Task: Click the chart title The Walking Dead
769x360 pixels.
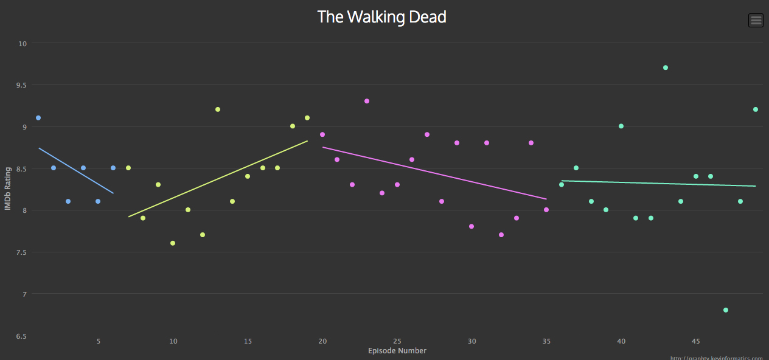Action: click(381, 17)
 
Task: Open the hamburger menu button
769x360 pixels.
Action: click(756, 20)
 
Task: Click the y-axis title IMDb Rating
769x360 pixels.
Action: click(8, 189)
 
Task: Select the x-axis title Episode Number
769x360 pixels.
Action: click(397, 351)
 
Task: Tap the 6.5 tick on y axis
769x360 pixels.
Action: click(22, 336)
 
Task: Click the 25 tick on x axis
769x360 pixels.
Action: click(397, 341)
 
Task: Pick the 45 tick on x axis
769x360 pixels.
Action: click(695, 341)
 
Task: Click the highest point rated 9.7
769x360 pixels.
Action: click(666, 67)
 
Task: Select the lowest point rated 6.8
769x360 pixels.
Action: click(725, 310)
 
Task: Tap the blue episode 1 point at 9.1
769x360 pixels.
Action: click(38, 118)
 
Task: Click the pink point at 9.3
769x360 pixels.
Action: click(367, 101)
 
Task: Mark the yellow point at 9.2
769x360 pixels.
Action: click(218, 109)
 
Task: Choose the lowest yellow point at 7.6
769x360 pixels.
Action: click(173, 243)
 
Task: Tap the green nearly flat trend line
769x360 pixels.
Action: click(658, 183)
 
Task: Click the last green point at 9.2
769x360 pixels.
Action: click(755, 109)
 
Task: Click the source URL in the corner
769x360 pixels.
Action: click(717, 358)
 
